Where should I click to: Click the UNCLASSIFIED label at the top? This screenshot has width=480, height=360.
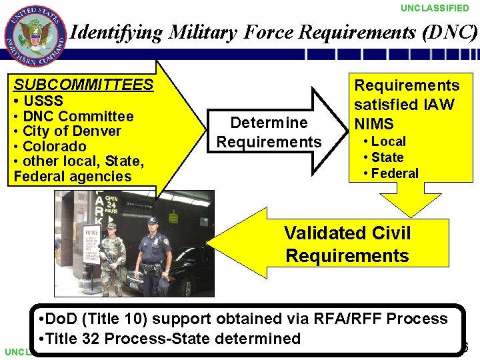[x=435, y=8]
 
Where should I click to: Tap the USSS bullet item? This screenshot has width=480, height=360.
[x=42, y=101]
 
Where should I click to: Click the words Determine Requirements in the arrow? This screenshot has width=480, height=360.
[x=269, y=132]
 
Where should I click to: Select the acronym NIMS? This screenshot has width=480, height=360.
[x=374, y=124]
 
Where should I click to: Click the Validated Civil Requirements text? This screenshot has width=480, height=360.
[x=347, y=244]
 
